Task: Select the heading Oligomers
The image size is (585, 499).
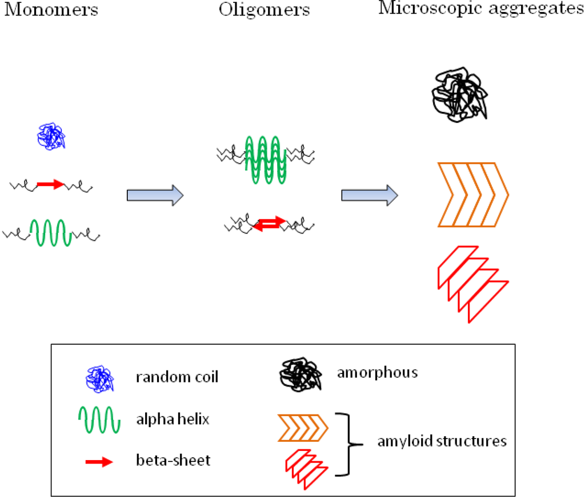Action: [265, 10]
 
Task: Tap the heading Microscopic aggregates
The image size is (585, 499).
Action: [481, 10]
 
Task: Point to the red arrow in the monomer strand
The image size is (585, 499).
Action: [50, 184]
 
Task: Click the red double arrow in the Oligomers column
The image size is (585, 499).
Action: [269, 224]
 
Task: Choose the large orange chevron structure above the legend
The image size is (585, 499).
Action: [473, 195]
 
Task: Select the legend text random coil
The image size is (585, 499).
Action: [177, 378]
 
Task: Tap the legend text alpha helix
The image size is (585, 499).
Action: [173, 420]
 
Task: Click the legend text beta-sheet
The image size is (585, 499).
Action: [173, 460]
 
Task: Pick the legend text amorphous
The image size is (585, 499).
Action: [377, 373]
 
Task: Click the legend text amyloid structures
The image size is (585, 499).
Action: [442, 441]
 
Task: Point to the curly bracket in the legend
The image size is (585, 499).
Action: [348, 444]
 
